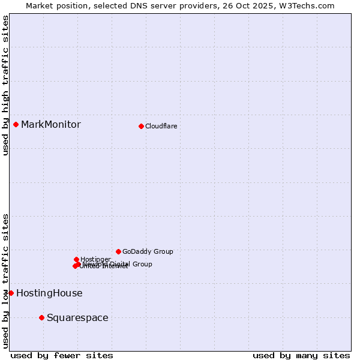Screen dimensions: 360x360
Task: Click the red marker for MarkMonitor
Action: tap(16, 124)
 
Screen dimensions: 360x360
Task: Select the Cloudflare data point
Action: tap(141, 126)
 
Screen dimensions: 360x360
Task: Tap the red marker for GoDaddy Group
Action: tap(118, 251)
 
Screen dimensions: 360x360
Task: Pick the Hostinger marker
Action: tap(76, 259)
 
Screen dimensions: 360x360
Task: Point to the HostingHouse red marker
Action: tap(11, 293)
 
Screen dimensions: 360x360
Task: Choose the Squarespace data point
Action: tap(41, 317)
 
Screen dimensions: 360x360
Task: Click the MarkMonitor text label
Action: tap(50, 125)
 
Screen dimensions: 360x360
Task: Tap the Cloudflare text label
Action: tap(161, 126)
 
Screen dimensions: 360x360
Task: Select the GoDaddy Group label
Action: tap(148, 252)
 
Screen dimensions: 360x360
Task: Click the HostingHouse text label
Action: tap(49, 293)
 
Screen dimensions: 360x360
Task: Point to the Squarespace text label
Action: tap(77, 318)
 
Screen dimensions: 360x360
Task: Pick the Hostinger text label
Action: tap(95, 259)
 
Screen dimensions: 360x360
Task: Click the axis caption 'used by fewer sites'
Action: tap(62, 356)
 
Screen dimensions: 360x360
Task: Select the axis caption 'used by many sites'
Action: tap(301, 356)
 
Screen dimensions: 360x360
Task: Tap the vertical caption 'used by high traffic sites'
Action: tap(6, 85)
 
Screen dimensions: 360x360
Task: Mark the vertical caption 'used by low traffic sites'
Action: tap(6, 281)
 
